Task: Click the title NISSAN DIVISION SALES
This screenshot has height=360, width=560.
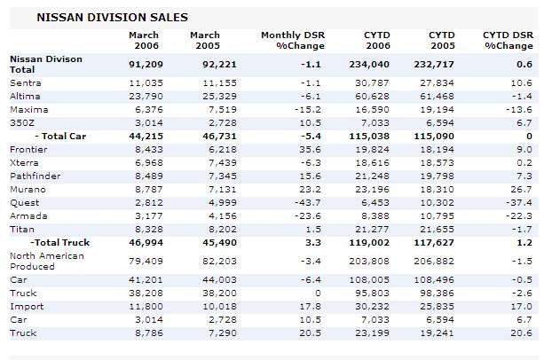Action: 99,17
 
